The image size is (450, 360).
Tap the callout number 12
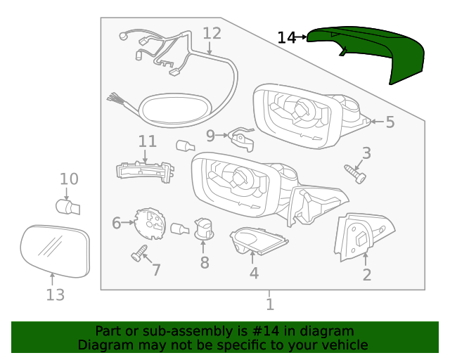point(212,33)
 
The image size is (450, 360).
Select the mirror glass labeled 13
point(55,251)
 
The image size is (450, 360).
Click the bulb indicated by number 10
point(67,207)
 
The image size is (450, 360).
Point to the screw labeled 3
point(355,174)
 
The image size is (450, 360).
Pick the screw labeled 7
point(139,253)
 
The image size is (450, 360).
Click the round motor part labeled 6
point(150,224)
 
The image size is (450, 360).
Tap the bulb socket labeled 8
point(204,229)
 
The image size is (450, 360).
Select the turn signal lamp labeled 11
point(145,172)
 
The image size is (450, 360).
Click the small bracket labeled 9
point(241,139)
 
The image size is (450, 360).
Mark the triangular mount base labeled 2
point(364,236)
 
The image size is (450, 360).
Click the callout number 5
point(390,122)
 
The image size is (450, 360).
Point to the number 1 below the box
point(270,304)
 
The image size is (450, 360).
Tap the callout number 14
point(286,37)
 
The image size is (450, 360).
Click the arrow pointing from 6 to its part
point(128,222)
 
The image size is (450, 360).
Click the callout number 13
point(56,295)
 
